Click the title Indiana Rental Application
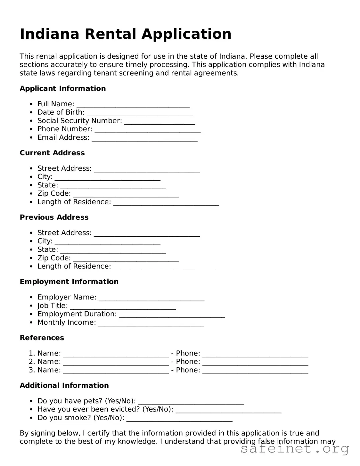pos(126,34)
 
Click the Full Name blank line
pos(133,106)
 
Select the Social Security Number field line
pos(160,123)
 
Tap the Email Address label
pos(63,137)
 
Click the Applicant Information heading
pos(63,88)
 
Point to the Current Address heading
pos(52,153)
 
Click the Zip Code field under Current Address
pos(126,196)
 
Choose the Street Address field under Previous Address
pos(147,235)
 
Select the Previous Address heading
pos(54,217)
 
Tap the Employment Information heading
pos(69,282)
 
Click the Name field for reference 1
pos(116,356)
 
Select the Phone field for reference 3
pos(255,372)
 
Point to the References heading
pos(42,338)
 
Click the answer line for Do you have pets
pos(191,403)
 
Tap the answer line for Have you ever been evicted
pos(228,412)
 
